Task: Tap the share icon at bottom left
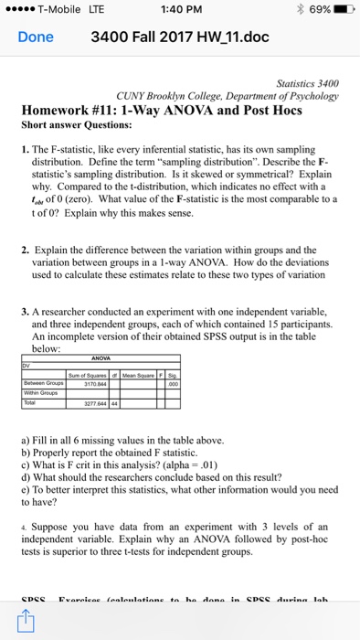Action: (24, 622)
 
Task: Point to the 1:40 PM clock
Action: (179, 10)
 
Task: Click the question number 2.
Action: (24, 249)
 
